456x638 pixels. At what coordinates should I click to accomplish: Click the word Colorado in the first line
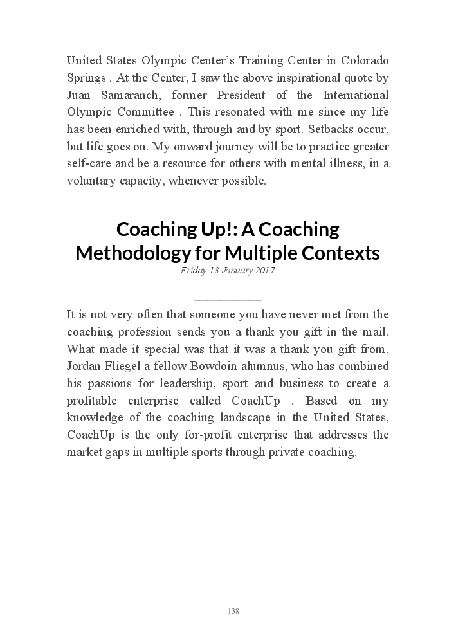pyautogui.click(x=365, y=60)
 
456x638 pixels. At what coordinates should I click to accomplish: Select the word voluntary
pyautogui.click(x=91, y=181)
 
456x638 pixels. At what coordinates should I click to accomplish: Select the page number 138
pyautogui.click(x=233, y=611)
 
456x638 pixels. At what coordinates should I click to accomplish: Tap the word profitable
pyautogui.click(x=92, y=401)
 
